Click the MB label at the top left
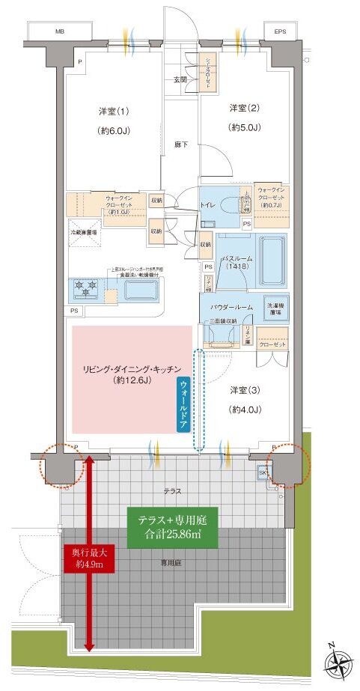point(58,33)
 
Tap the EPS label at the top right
point(280,33)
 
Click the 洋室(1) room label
point(115,112)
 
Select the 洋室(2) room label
point(243,109)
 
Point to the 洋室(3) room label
point(245,390)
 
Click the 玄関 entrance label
point(180,79)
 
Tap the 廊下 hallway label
point(180,144)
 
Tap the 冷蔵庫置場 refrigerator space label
point(88,234)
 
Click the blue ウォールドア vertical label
point(183,403)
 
